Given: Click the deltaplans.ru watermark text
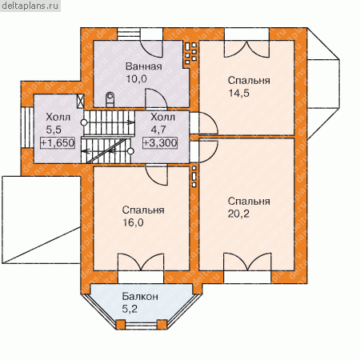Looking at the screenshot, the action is pos(30,6).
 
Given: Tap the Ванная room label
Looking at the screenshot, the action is pos(144,66).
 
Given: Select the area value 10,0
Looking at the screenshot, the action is pos(136,79).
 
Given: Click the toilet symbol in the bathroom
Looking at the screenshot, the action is pos(110,99).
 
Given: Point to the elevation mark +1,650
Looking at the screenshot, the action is pos(58,143).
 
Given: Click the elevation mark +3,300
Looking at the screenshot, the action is pos(160,143).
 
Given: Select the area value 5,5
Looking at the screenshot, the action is pos(54,130).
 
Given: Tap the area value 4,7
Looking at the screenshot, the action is pos(158,130).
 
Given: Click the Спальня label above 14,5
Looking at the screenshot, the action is pos(249,81).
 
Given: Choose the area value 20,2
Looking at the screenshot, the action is pos(238,214).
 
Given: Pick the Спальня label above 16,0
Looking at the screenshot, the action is pos(143,210).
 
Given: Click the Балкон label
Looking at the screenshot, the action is pos(140,297).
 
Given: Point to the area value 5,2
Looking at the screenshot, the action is pos(130,309).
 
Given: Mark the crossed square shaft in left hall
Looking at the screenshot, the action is pos(80,102).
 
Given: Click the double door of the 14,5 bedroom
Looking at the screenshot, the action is pos(246,49).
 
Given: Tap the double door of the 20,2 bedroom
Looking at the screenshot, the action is pos(247,262).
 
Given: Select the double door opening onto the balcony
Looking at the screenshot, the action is pos(141,262).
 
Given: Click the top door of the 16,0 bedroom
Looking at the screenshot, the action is pos(157,175).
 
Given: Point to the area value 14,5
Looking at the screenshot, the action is pos(238,94).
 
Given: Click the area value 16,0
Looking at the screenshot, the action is pos(133,222).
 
